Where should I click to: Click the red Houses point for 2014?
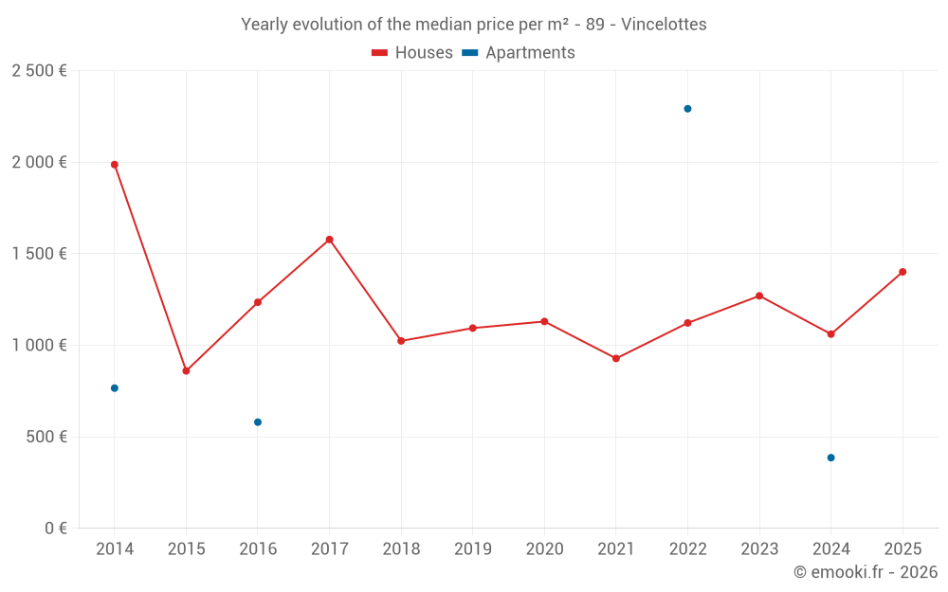[x=115, y=164]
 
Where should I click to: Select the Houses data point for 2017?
[x=330, y=240]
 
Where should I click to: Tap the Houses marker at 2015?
[x=186, y=371]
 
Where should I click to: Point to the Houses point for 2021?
[x=616, y=358]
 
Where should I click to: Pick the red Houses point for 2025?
[x=902, y=272]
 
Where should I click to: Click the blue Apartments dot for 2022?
[x=687, y=109]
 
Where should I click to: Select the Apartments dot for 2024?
[x=830, y=457]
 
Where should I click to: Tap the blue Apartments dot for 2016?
[x=258, y=422]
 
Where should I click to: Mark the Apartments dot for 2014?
[x=115, y=387]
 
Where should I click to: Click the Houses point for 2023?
[x=759, y=296]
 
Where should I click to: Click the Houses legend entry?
[x=412, y=52]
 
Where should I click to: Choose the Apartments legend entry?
[x=519, y=52]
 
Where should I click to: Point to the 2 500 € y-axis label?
[x=39, y=71]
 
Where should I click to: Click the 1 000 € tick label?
[x=39, y=345]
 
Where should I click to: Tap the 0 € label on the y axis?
[x=56, y=528]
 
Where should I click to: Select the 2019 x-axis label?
[x=473, y=548]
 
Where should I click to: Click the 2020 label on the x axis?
[x=545, y=548]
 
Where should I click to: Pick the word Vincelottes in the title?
[x=664, y=25]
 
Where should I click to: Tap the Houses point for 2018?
[x=401, y=341]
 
